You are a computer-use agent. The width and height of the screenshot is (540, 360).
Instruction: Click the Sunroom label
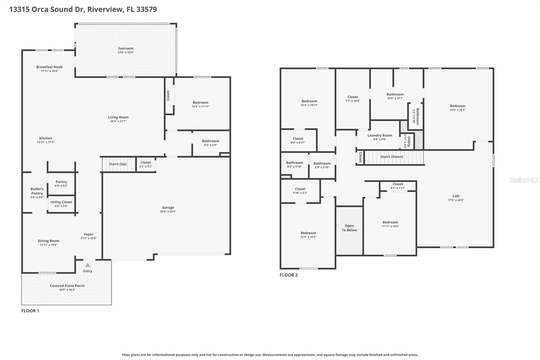[126, 48]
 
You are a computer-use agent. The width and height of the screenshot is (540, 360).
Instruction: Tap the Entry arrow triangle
[88, 265]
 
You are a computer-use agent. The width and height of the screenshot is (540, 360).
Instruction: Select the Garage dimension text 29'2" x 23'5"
[168, 212]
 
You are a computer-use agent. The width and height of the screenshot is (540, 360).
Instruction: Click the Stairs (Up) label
[118, 164]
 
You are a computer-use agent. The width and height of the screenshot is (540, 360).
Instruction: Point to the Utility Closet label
[61, 202]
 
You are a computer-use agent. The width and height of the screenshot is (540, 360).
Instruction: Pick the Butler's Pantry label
[37, 191]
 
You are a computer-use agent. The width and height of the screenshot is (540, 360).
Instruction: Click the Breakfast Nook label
[50, 67]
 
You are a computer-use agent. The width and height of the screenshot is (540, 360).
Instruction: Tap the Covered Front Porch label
[67, 286]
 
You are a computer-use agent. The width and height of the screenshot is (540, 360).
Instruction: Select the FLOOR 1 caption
[30, 311]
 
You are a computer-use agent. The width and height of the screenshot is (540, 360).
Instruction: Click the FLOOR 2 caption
[289, 275]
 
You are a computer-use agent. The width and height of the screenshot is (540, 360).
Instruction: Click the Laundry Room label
[380, 135]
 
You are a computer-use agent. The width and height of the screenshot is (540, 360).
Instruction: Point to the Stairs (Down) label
[391, 157]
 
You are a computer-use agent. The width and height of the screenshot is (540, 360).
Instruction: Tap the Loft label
[456, 196]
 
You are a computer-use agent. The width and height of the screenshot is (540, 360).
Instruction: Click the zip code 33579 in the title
[146, 9]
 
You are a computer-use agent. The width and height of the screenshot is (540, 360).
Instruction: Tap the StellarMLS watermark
[524, 180]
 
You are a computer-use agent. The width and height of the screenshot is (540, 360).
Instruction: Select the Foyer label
[89, 234]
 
